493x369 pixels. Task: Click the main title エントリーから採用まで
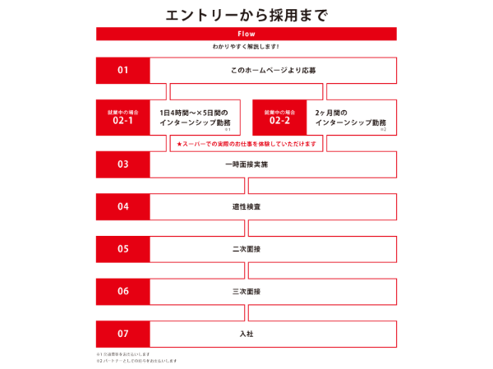tap(246, 15)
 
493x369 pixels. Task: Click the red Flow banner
tap(246, 34)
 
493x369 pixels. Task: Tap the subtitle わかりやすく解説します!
tap(246, 47)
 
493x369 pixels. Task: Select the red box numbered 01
tap(122, 70)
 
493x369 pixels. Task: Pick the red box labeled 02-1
tap(122, 117)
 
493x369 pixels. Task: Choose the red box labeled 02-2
tap(279, 117)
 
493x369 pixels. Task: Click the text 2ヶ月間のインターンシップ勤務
tap(350, 117)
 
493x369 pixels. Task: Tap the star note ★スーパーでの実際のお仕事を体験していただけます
tap(246, 144)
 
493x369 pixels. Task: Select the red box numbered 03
tap(122, 164)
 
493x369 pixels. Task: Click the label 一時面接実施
tap(246, 164)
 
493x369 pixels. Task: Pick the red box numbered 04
tap(122, 206)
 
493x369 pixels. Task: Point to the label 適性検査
tap(246, 206)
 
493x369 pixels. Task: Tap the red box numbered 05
tap(122, 248)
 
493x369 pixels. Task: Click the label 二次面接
tap(246, 248)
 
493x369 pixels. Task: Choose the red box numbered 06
tap(122, 291)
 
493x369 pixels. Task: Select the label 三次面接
tap(246, 291)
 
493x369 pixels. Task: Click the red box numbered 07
tap(122, 334)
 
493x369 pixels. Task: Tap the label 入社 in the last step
tap(246, 334)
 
